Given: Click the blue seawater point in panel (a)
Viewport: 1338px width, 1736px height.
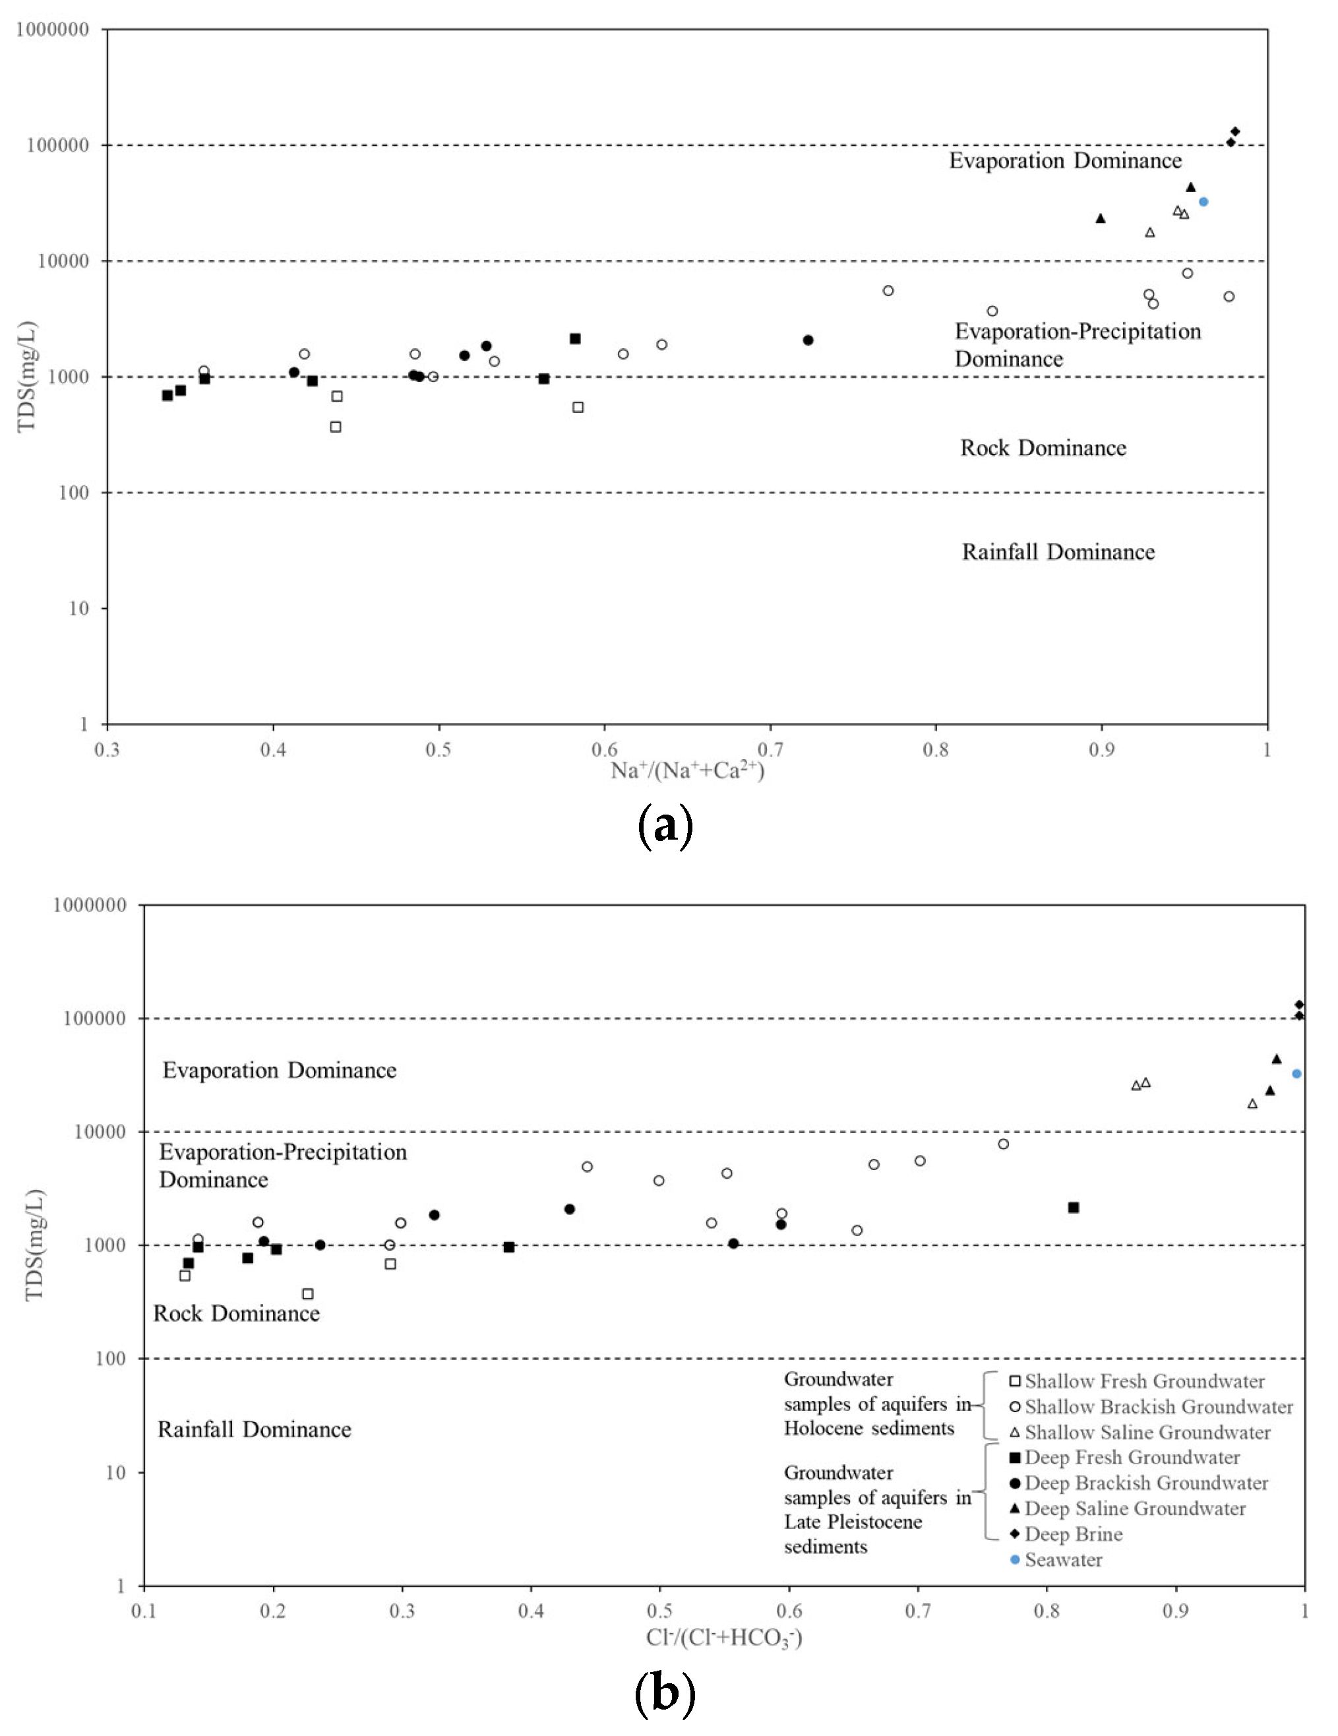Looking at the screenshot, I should point(1203,202).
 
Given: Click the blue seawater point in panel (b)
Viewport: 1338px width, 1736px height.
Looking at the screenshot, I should point(1296,1074).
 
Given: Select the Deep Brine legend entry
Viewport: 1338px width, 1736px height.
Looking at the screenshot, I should point(1073,1534).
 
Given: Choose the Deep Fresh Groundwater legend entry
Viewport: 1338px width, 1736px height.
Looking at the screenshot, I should point(1132,1457).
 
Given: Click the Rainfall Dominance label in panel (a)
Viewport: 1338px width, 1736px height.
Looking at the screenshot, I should point(1058,551).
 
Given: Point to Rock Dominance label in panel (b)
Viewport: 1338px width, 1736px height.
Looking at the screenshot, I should point(236,1313).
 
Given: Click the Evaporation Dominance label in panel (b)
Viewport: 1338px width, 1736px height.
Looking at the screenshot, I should point(279,1070).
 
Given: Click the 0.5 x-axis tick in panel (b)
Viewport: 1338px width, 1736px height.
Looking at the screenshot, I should point(659,1611).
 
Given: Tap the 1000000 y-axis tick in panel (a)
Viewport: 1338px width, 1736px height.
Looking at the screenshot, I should point(53,30).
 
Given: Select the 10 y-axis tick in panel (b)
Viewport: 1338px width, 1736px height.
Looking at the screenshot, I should point(116,1473).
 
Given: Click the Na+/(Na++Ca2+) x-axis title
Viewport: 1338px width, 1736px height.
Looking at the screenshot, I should point(687,770).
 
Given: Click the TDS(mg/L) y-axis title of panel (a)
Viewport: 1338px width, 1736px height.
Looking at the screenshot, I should point(27,377).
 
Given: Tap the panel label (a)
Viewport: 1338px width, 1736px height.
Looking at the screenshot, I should point(665,826).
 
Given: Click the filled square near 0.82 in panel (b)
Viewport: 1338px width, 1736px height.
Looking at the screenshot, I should point(1074,1208).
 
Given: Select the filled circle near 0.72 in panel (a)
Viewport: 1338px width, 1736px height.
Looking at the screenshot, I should point(808,340).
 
